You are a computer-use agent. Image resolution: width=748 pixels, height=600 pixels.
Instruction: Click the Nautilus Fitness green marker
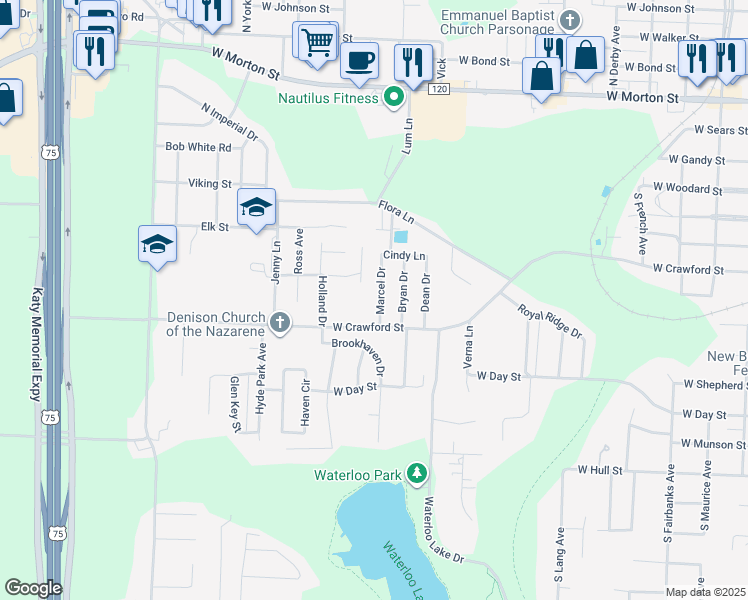pos(394,98)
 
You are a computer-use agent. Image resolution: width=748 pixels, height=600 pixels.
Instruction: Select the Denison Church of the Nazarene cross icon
pos(281,323)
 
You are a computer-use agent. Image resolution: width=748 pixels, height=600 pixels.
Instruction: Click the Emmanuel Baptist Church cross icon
pos(570,20)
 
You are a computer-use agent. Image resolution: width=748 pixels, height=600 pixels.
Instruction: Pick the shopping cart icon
pos(316,43)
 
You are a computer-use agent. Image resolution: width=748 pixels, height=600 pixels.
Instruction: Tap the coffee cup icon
pos(359,61)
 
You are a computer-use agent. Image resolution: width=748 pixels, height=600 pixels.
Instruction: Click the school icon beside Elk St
pos(256,208)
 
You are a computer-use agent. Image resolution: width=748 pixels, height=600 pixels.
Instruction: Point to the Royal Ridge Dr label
pos(549,321)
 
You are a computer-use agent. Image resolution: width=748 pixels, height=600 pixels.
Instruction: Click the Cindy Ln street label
pos(404,256)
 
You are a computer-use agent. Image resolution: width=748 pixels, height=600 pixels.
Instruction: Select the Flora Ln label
pos(396,211)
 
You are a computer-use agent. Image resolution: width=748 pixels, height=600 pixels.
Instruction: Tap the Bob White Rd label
pos(198,147)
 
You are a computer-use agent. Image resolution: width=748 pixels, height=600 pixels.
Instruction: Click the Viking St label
pos(210,184)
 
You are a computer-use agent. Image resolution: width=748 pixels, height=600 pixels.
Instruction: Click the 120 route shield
pos(438,90)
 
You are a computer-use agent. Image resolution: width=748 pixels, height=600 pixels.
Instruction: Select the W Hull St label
pos(600,469)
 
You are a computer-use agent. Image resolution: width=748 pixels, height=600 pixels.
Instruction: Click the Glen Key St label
pos(236,404)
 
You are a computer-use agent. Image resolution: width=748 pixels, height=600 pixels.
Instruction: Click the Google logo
pos(33,588)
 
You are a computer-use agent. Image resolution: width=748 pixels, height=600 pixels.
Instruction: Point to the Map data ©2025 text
pos(705,592)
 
